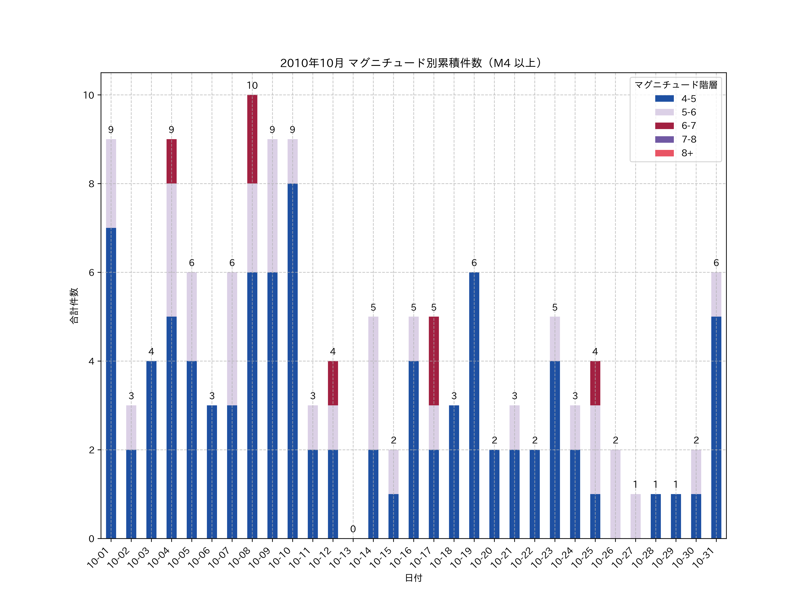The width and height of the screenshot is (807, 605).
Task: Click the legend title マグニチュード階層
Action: click(676, 85)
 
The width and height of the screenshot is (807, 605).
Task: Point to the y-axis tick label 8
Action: click(91, 184)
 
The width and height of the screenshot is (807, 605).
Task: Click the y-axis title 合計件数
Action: click(74, 306)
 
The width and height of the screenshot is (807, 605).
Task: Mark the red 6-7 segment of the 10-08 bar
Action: click(252, 139)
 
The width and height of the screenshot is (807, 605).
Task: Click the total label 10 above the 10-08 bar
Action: click(252, 86)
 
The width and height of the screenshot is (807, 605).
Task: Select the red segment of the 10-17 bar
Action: click(434, 361)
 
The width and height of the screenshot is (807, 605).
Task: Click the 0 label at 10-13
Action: click(353, 529)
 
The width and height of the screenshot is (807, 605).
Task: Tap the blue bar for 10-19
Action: click(474, 405)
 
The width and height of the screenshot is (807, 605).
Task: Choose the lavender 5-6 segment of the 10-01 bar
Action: click(111, 184)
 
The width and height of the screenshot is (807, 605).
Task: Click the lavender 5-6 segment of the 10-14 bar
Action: click(373, 383)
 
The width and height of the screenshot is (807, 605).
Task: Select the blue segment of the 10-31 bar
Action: click(716, 427)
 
